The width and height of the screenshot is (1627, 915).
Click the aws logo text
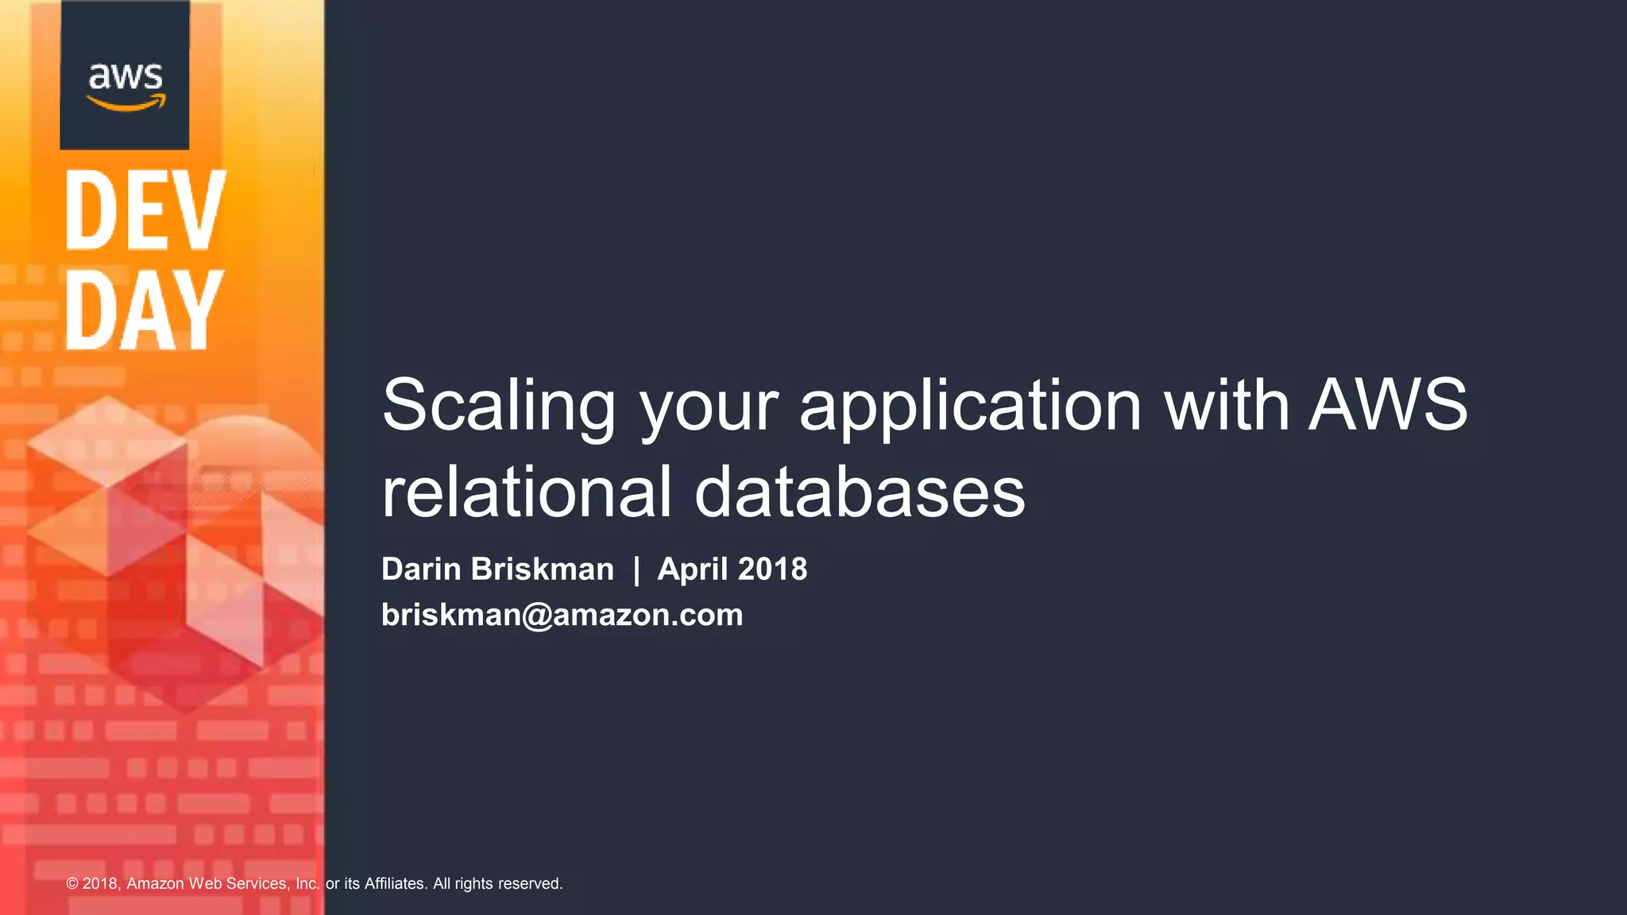(x=126, y=76)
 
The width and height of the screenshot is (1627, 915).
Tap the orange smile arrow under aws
(x=126, y=103)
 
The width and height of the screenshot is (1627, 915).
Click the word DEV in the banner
(x=145, y=210)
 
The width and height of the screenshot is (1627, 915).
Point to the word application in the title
(x=970, y=405)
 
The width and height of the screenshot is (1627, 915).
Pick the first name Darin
(x=421, y=569)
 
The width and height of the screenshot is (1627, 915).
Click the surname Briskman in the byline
(x=543, y=569)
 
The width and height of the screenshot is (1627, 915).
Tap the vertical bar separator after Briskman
(x=636, y=569)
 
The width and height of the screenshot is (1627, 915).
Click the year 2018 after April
(x=773, y=569)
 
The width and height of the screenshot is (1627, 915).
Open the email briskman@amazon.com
(x=562, y=615)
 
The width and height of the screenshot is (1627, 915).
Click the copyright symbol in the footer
(x=72, y=883)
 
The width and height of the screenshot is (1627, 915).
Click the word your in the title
(x=709, y=405)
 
